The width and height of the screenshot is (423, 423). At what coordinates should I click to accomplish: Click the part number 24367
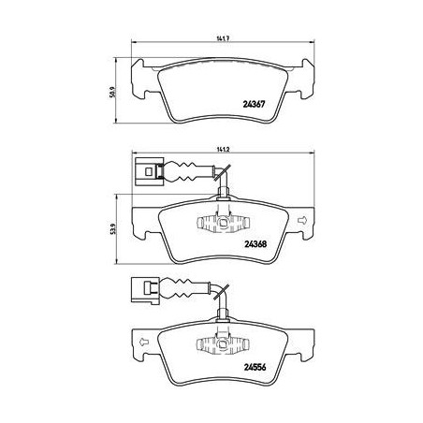(254, 104)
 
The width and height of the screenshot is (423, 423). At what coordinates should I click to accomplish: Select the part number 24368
(255, 244)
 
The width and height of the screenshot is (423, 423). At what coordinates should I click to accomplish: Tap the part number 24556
(255, 368)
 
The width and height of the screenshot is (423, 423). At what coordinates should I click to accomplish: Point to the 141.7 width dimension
(223, 38)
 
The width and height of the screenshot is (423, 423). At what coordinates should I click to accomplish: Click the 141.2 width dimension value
(223, 150)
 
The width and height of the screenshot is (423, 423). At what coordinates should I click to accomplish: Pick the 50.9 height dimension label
(112, 93)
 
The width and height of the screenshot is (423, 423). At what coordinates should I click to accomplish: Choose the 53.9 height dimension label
(113, 229)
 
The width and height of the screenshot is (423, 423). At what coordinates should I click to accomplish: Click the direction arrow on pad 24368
(302, 221)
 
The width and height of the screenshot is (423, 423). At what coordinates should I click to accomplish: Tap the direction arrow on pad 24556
(143, 342)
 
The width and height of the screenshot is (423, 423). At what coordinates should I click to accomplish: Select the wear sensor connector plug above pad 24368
(150, 171)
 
